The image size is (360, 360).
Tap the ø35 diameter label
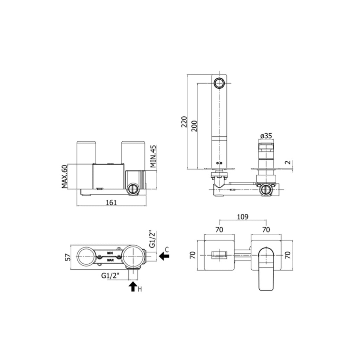coord(266,136)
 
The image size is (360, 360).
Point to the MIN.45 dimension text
coord(152,156)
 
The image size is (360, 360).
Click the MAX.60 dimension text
coord(64,177)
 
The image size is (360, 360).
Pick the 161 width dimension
coord(111,202)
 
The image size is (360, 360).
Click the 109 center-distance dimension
coord(243,217)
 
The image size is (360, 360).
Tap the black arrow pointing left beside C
coord(164,257)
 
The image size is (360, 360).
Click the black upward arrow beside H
coord(133,287)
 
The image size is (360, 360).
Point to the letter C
coord(167,250)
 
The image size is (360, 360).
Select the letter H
coord(140,289)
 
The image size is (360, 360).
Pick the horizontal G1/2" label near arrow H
coord(111,276)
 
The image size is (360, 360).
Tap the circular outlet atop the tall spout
coord(220,83)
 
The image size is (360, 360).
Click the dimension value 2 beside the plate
coord(288,162)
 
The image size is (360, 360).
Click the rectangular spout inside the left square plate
coord(219,255)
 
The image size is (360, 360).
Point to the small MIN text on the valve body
coord(110,253)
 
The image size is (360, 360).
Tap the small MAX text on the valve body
coord(110,261)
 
